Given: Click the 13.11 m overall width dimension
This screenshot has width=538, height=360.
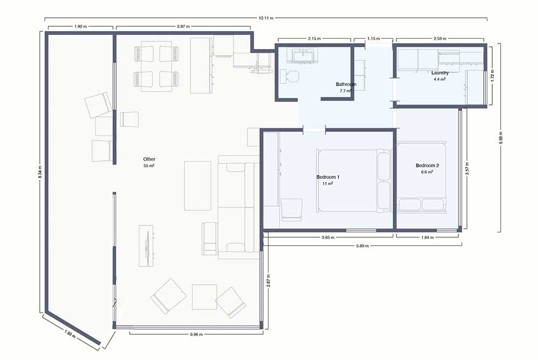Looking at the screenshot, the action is click(266, 18).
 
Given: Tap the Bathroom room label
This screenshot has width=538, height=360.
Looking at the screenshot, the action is click(346, 84).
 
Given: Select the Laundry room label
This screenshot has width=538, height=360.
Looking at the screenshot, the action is click(440, 73).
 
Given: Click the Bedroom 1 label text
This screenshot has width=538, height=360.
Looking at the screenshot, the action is click(328, 177).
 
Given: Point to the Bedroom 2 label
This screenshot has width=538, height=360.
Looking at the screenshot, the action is click(427, 165).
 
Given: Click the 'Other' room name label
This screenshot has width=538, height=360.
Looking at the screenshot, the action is click(149, 159).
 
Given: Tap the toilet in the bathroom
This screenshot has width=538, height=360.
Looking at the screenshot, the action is click(289, 76).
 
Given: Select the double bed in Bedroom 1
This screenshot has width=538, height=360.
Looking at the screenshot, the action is click(354, 180).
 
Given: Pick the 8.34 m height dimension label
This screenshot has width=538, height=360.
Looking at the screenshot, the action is click(40, 173).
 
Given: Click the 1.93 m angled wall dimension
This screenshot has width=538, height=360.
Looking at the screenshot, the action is click(70, 334).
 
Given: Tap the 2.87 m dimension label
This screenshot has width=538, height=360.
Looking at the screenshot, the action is click(268, 280).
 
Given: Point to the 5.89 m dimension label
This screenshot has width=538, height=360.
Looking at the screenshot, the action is click(362, 246).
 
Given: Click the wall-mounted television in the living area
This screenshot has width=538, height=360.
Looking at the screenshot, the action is click(146, 246).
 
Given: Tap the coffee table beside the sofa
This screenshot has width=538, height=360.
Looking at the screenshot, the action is click(197, 186).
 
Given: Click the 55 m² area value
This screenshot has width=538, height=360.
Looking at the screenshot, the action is click(149, 166).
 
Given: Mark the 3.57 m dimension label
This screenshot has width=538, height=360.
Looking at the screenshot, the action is click(467, 169).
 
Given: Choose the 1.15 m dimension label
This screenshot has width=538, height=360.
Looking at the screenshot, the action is click(373, 39).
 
